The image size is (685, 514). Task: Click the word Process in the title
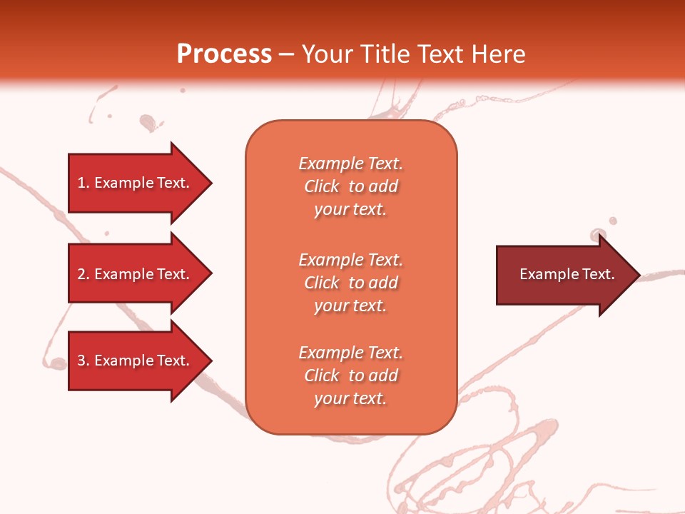(224, 54)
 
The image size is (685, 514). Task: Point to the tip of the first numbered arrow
(210, 183)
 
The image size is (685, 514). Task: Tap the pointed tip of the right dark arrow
(638, 275)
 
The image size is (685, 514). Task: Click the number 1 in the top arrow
(81, 183)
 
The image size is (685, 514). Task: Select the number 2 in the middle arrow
(81, 274)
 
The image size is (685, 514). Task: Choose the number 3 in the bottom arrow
(81, 361)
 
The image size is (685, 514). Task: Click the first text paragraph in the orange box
(350, 186)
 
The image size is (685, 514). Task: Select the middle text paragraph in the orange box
(350, 283)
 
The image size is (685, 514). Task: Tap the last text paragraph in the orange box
(350, 376)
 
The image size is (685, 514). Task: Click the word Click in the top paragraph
(322, 186)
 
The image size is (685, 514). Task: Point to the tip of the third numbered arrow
(210, 361)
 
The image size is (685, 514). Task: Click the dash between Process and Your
(287, 54)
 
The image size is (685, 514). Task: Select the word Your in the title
(328, 54)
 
